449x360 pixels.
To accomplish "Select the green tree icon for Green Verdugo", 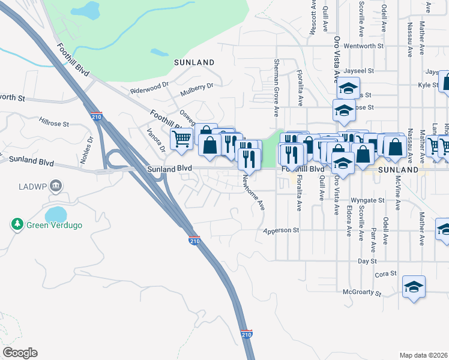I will coord(17,224).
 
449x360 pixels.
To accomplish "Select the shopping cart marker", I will coord(181,139).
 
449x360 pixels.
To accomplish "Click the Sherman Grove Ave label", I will coord(276,88).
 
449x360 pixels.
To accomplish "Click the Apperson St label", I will coord(282,230).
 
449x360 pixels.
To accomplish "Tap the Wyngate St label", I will coord(367,200).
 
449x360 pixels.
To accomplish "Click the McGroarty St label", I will coord(362,293).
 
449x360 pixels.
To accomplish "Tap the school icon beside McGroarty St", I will coord(414,286).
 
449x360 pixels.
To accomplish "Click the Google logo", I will coord(20,353).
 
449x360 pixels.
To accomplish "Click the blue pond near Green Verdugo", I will coord(56,214).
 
